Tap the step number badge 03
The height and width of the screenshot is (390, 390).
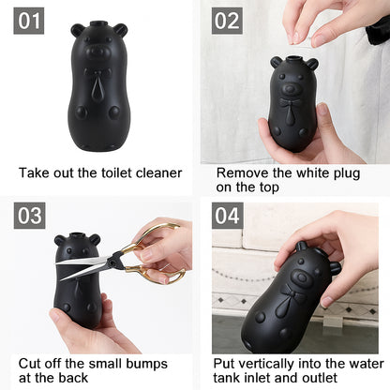coord(29,216)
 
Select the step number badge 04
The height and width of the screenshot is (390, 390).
coord(226,216)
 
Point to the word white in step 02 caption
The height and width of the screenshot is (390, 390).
coord(305,172)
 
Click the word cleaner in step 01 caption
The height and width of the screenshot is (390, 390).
coord(156,172)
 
